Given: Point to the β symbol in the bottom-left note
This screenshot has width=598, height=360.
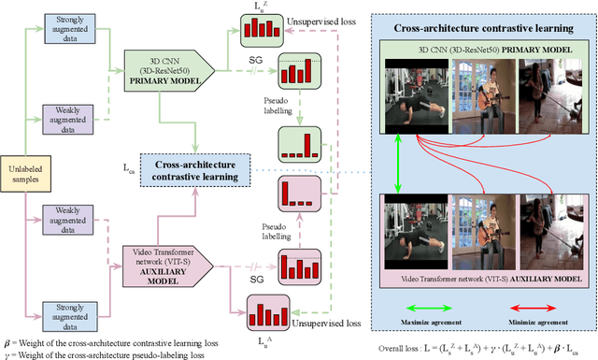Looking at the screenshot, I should click(x=7, y=343).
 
